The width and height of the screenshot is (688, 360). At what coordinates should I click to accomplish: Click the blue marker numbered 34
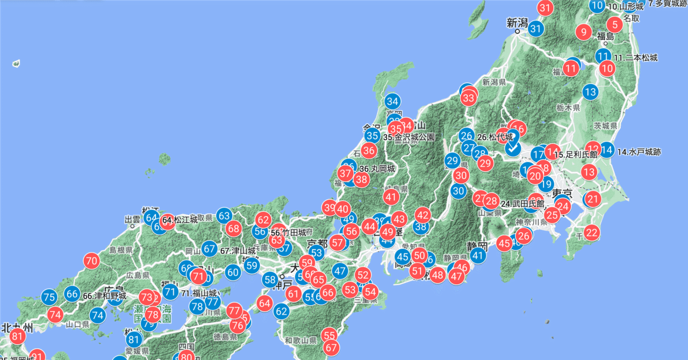392,101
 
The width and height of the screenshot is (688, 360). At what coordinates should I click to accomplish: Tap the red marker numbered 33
468,97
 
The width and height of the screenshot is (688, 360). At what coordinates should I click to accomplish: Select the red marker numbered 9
584,32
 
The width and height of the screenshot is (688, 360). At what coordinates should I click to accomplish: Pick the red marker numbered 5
615,24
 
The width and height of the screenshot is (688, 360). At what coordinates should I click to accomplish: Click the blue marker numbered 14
607,150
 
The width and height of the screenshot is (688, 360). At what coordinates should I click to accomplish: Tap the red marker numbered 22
592,233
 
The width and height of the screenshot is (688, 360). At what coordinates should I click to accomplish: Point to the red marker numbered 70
91,262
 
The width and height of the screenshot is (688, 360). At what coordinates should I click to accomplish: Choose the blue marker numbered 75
49,297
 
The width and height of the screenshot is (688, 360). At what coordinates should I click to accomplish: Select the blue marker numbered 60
233,272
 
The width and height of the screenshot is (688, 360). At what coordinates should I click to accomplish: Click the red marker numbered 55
329,335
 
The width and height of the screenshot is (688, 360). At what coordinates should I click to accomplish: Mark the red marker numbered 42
423,215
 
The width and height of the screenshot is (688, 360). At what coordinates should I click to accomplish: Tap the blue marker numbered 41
478,255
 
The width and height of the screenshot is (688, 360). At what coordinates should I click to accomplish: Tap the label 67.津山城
236,250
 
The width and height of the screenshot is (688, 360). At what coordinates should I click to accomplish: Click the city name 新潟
518,23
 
